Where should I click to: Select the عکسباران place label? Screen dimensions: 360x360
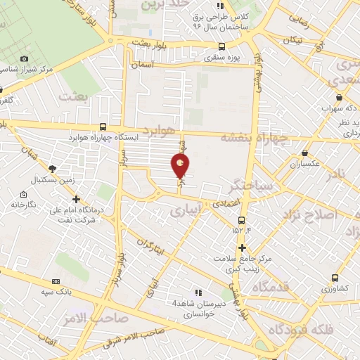coord(304,164)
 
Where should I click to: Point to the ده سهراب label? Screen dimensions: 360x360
coord(336,109)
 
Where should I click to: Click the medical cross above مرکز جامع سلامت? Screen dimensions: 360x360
coord(242,247)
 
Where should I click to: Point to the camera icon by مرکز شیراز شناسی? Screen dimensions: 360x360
coord(24,59)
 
